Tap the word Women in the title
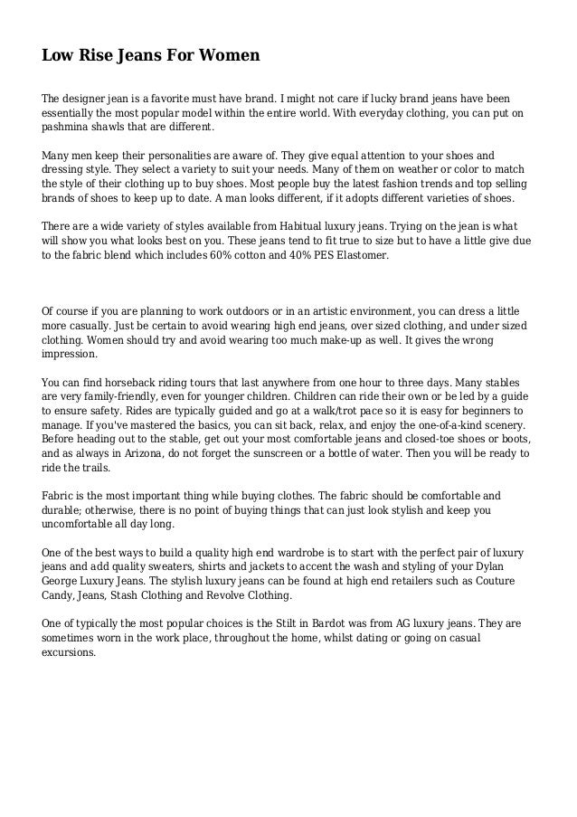point(227,56)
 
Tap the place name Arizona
point(133,454)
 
